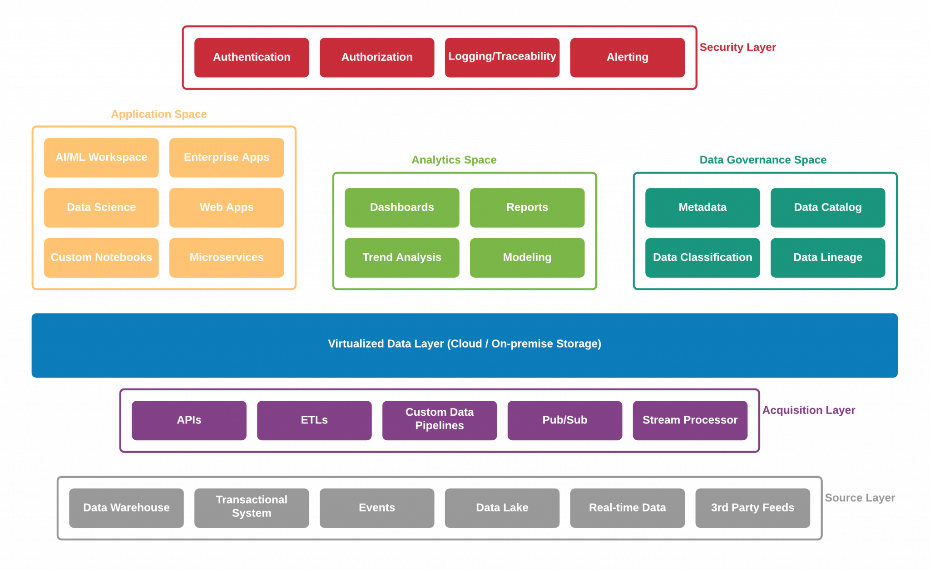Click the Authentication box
(252, 57)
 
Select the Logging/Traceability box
(502, 57)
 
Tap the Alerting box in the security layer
(627, 57)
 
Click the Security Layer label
(737, 47)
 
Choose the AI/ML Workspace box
(101, 157)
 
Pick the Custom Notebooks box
(101, 257)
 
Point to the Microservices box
(226, 257)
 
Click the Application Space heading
(159, 114)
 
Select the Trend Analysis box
(402, 257)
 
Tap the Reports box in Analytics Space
(527, 207)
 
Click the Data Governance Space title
(762, 160)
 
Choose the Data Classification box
(702, 257)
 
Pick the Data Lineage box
(827, 257)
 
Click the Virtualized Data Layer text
(465, 344)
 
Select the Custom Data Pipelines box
(439, 420)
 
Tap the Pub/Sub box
(564, 420)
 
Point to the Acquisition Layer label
(808, 410)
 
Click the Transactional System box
(252, 507)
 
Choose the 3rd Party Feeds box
(752, 507)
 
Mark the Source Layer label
(860, 498)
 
